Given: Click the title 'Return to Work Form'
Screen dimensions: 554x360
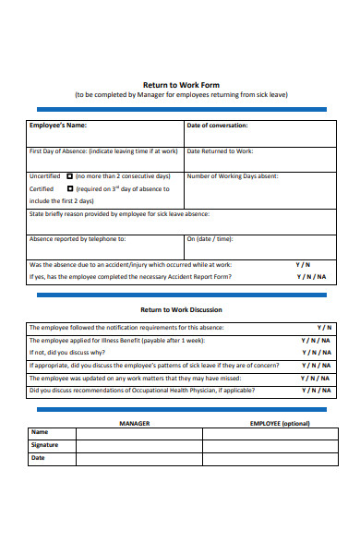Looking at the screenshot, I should pos(180,81).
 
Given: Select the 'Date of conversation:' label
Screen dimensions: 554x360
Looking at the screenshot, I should pos(217,126).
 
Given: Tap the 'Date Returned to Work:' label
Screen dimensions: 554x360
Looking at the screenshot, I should pos(220,151).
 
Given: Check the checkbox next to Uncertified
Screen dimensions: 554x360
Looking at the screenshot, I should pos(69,175).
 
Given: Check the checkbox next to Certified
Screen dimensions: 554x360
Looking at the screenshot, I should pos(69,188).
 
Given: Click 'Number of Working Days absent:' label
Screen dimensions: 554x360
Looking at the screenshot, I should pos(233,175).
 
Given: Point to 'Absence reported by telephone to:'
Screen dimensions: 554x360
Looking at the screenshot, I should pos(78,238).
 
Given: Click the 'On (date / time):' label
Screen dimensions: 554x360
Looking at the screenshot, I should pos(210,238).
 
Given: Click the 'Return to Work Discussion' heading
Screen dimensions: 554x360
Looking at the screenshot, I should pos(180,310).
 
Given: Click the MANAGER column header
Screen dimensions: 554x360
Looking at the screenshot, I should pos(135,423).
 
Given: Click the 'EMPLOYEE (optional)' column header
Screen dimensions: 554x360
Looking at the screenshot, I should pos(280,423).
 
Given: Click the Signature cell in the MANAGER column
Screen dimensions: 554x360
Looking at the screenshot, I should pos(138,445).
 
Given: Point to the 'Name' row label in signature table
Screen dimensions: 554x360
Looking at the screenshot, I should pos(40,432).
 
